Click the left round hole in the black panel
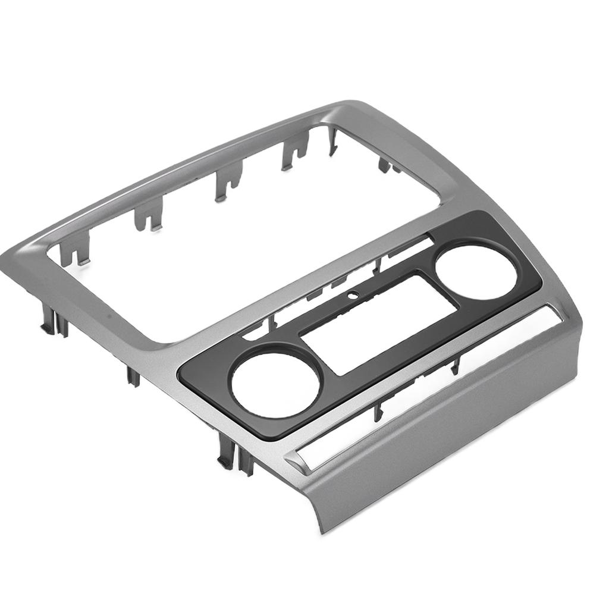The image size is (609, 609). tap(276, 385)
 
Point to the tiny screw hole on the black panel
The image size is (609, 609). tap(352, 293)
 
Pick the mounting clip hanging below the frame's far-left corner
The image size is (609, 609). tap(54, 324)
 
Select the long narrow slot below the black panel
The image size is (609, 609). tap(428, 387)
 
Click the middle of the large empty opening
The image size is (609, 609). tap(238, 238)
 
